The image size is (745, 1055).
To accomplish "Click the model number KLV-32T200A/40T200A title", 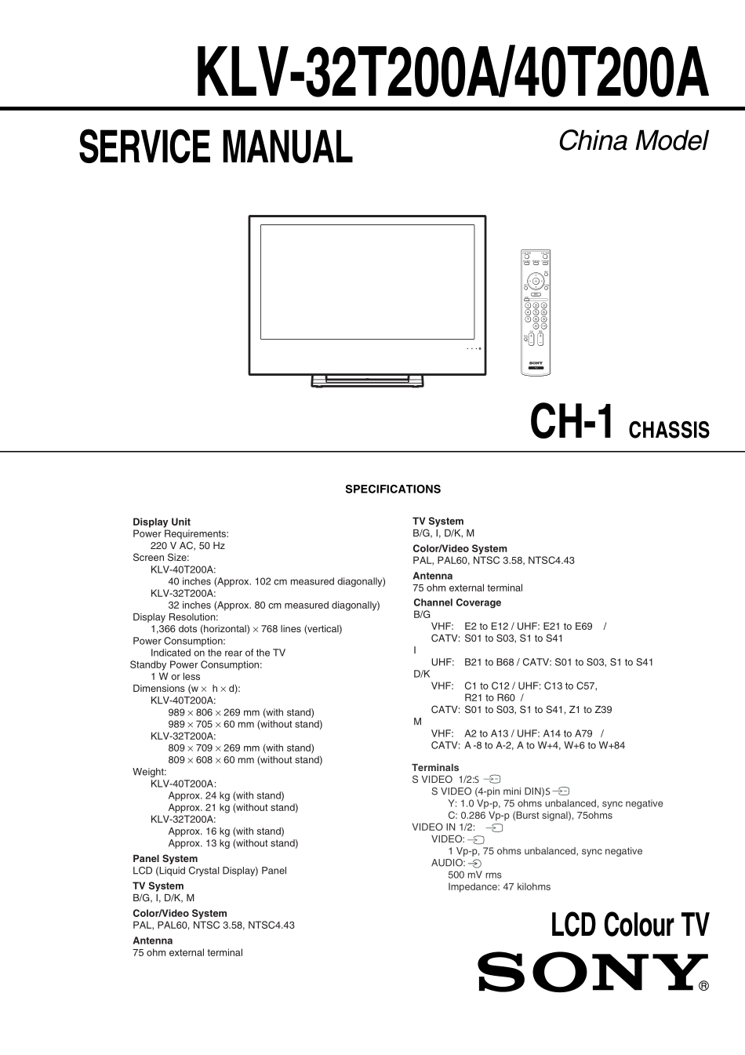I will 452,73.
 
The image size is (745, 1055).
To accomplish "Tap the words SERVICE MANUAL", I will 216,147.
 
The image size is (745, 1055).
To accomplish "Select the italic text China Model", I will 632,140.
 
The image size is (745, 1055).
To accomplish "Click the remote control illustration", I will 536,311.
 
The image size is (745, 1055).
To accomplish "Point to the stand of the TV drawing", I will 368,381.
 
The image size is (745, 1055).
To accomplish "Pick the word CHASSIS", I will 669,430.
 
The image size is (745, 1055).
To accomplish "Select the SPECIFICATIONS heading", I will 393,489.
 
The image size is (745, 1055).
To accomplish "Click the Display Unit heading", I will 162,522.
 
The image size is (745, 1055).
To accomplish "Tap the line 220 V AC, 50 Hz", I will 187,545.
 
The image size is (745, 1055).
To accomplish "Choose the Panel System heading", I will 165,858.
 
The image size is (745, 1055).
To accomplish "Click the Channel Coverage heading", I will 457,602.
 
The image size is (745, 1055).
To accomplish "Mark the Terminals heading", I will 435,767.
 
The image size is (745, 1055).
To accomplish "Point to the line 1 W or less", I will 175,676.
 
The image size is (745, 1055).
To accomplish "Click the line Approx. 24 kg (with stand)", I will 226,795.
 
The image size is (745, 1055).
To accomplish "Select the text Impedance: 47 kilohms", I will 499,886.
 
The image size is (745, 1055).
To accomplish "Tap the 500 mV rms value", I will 474,875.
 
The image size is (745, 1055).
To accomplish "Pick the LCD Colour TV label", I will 630,926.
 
